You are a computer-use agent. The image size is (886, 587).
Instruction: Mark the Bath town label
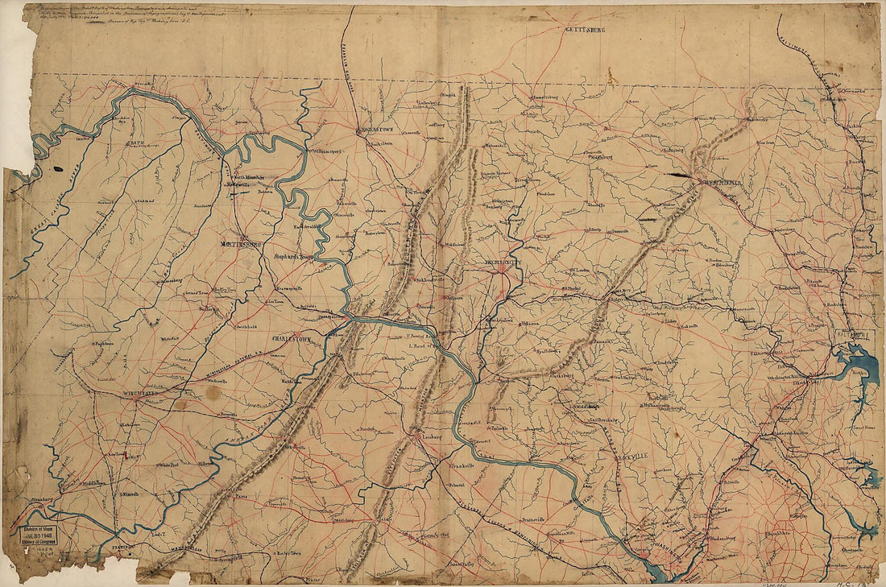coord(135,143)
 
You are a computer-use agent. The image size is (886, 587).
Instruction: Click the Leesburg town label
coord(432,440)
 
